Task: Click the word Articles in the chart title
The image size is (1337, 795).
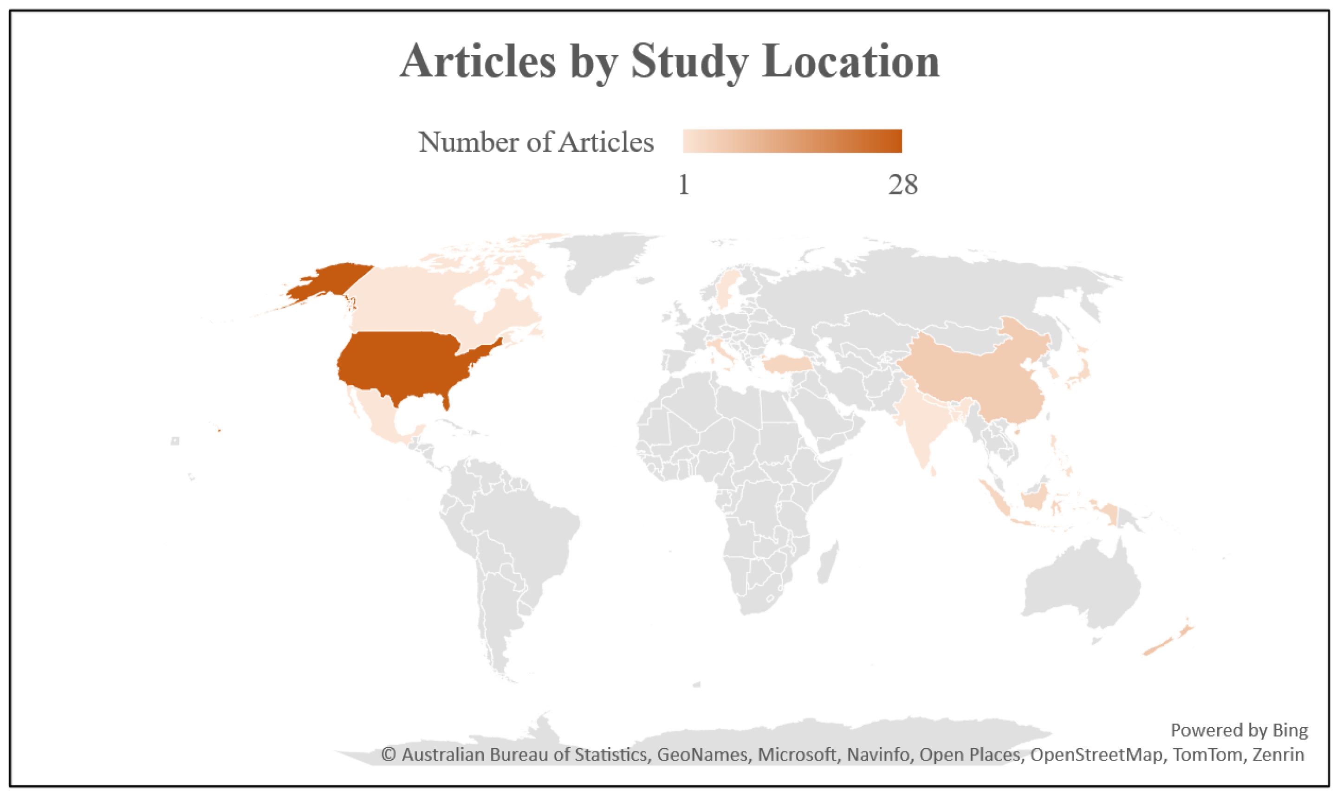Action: pyautogui.click(x=477, y=62)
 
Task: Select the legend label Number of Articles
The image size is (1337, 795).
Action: pyautogui.click(x=536, y=142)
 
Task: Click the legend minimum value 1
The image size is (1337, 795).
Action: pyautogui.click(x=683, y=185)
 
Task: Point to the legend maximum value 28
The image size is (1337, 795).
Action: pyautogui.click(x=902, y=185)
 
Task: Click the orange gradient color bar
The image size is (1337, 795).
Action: pyautogui.click(x=792, y=141)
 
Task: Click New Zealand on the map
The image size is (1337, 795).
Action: pyautogui.click(x=1171, y=640)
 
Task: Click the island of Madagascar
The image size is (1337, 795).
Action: pyautogui.click(x=828, y=562)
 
